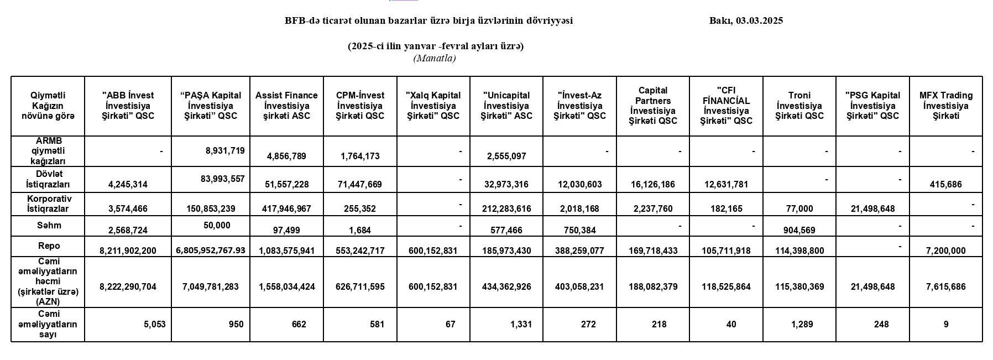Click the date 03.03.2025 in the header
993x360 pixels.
(759, 21)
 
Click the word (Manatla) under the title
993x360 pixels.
(434, 58)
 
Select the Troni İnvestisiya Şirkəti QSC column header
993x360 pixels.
(799, 106)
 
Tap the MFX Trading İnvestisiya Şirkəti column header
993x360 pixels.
(945, 106)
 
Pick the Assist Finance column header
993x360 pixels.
(286, 106)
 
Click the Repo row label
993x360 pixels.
(49, 246)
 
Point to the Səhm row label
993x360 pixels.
(49, 226)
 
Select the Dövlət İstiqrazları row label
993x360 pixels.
(49, 179)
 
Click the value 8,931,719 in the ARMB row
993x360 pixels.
(224, 150)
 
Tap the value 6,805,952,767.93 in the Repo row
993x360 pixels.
(211, 251)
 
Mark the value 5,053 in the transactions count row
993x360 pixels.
(155, 325)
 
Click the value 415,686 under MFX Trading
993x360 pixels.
(945, 185)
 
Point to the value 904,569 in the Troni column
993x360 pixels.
(799, 231)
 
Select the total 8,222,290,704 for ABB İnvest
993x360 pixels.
(128, 287)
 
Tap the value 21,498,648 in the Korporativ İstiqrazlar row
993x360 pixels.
(874, 209)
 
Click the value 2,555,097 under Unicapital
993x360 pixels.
(506, 156)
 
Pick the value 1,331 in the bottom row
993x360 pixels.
(521, 325)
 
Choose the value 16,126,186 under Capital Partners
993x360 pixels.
(652, 185)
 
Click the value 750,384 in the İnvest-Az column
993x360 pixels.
(579, 231)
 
